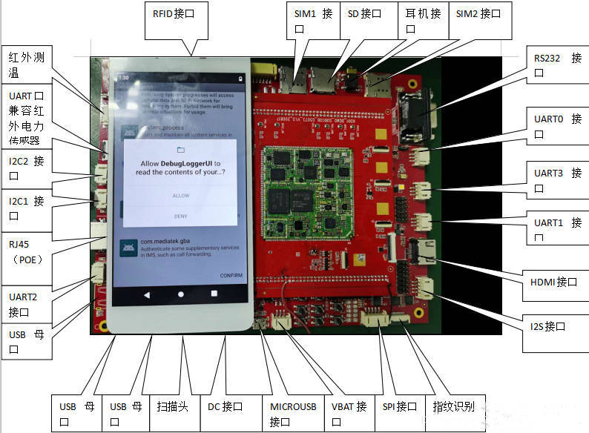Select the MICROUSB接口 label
[292, 414]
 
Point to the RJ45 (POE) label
[26, 252]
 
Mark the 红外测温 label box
[26, 65]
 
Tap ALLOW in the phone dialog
[181, 196]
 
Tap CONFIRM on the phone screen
[231, 276]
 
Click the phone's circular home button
[180, 294]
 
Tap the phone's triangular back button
[146, 294]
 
